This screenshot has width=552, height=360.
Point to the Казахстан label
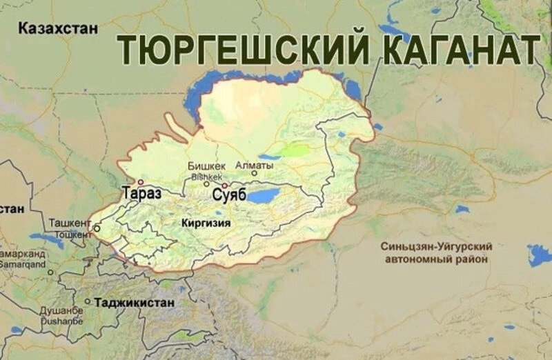click(x=59, y=28)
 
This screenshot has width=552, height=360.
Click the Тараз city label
click(x=141, y=193)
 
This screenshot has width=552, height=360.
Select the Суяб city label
click(x=229, y=194)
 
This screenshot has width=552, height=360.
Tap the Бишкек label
click(x=206, y=166)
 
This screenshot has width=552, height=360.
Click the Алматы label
click(x=255, y=166)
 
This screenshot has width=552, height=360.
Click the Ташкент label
click(x=70, y=223)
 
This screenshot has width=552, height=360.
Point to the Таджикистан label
click(x=134, y=302)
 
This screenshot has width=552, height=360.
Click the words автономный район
click(x=435, y=259)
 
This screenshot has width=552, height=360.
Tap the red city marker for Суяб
click(x=225, y=185)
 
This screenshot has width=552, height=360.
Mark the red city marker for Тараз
click(x=141, y=183)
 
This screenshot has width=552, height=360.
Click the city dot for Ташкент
click(x=97, y=228)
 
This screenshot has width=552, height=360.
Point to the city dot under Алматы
click(x=253, y=174)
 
